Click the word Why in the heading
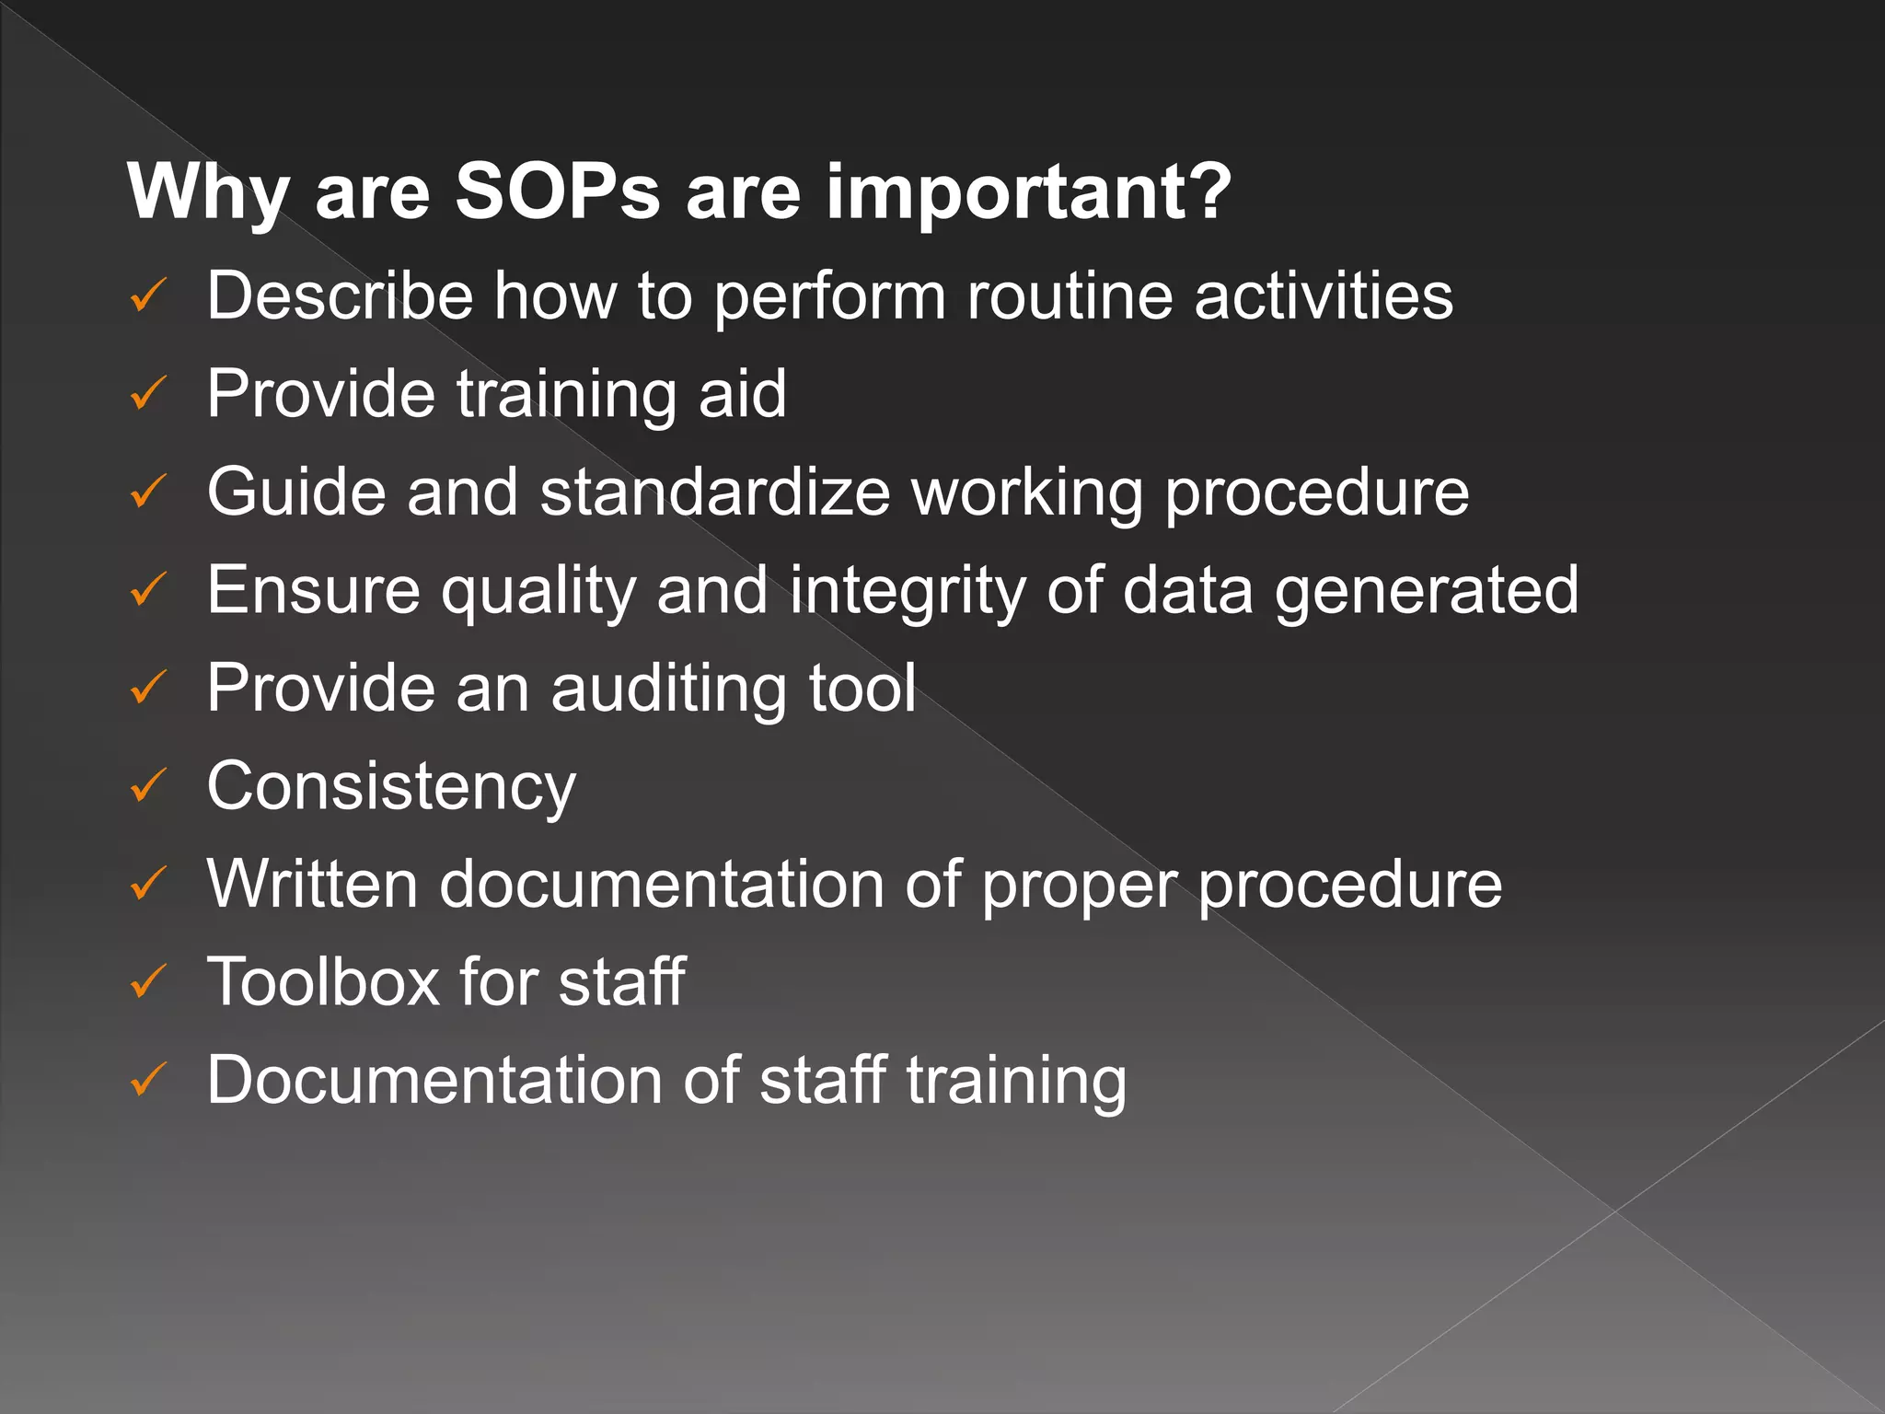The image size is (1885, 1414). pyautogui.click(x=208, y=193)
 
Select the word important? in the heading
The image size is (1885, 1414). pyautogui.click(x=1028, y=193)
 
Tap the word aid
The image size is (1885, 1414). pyautogui.click(x=742, y=393)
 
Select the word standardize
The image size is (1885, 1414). pyautogui.click(x=715, y=492)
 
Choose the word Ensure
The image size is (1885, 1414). pyautogui.click(x=313, y=590)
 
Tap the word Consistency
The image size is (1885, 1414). pyautogui.click(x=391, y=787)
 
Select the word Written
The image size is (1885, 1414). pyautogui.click(x=313, y=884)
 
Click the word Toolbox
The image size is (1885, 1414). pyautogui.click(x=323, y=981)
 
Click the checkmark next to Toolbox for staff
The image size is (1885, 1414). pyautogui.click(x=147, y=981)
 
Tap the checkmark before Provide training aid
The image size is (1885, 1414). pyautogui.click(x=147, y=393)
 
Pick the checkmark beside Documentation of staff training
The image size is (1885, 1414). pyautogui.click(x=147, y=1079)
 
